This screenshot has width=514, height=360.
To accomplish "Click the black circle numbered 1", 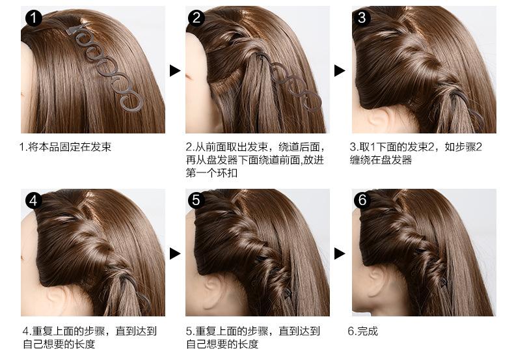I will coord(33,18).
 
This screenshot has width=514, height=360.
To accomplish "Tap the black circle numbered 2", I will coord(196,18).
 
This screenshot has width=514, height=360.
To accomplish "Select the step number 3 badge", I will coord(362,18).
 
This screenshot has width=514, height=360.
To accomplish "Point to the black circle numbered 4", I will coord(33,201).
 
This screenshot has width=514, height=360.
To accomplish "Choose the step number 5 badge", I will coord(196,201).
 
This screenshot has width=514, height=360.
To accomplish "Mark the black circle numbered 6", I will coord(362,201).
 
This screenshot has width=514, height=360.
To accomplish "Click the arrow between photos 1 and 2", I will coord(174,70).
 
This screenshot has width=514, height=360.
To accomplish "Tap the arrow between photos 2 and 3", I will coord(340,70).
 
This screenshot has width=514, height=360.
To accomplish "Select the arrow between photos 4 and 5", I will coord(174,253).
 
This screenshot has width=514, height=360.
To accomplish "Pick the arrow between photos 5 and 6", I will coord(340,253).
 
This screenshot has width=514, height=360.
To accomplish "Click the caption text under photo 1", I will coord(65,147).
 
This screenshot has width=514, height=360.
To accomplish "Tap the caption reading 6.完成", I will coord(362,331).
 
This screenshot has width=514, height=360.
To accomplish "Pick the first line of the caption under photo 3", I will coord(416,147).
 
